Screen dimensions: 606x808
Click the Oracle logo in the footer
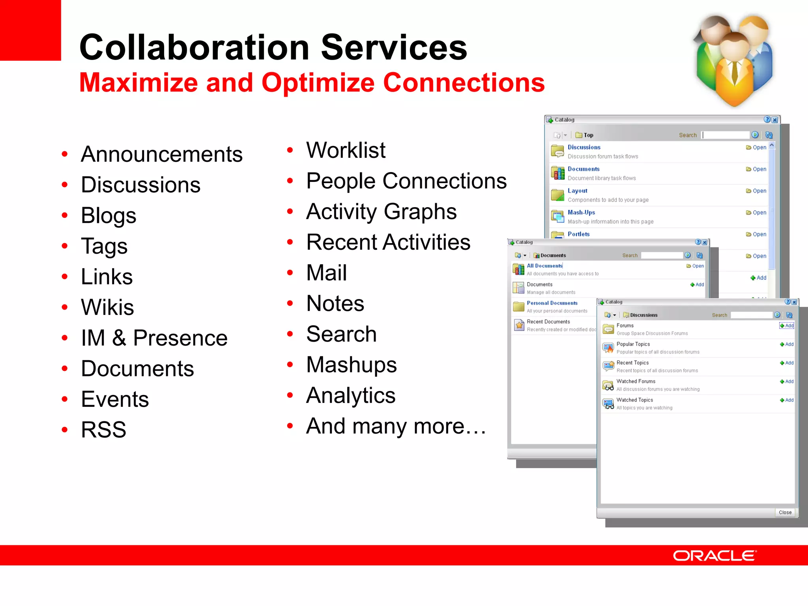coord(714,555)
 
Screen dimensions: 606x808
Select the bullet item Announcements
coord(161,154)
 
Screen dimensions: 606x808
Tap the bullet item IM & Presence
coord(154,338)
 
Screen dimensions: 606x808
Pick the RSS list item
coord(103,430)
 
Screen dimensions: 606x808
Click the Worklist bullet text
coord(346,150)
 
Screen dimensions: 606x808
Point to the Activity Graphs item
coord(381,212)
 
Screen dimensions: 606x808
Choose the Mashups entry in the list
coord(351,365)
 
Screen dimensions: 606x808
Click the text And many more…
coord(396,426)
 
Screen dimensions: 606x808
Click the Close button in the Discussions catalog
coord(785,512)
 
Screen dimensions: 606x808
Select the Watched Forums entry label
coord(636,382)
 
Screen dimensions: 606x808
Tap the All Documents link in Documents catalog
coord(544,266)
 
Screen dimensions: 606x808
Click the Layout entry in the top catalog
coord(577,191)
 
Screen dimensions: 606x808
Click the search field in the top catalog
coord(725,135)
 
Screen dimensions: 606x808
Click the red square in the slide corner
coord(30,30)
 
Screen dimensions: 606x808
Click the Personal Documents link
coord(552,303)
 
